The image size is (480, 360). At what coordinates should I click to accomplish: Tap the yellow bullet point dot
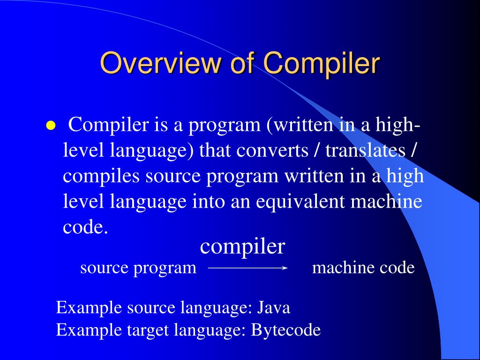point(50,127)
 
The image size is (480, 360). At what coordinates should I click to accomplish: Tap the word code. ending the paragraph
point(82,227)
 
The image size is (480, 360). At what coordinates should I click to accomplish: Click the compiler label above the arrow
point(242,246)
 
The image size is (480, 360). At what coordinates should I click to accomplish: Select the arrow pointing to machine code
point(247,268)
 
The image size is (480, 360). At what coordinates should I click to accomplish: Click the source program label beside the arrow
point(138,268)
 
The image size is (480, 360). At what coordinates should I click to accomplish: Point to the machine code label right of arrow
point(363,268)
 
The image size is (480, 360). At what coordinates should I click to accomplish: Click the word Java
point(274,308)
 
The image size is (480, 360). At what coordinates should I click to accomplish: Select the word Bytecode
point(286,330)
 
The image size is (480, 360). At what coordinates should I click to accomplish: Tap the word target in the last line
point(149,330)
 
